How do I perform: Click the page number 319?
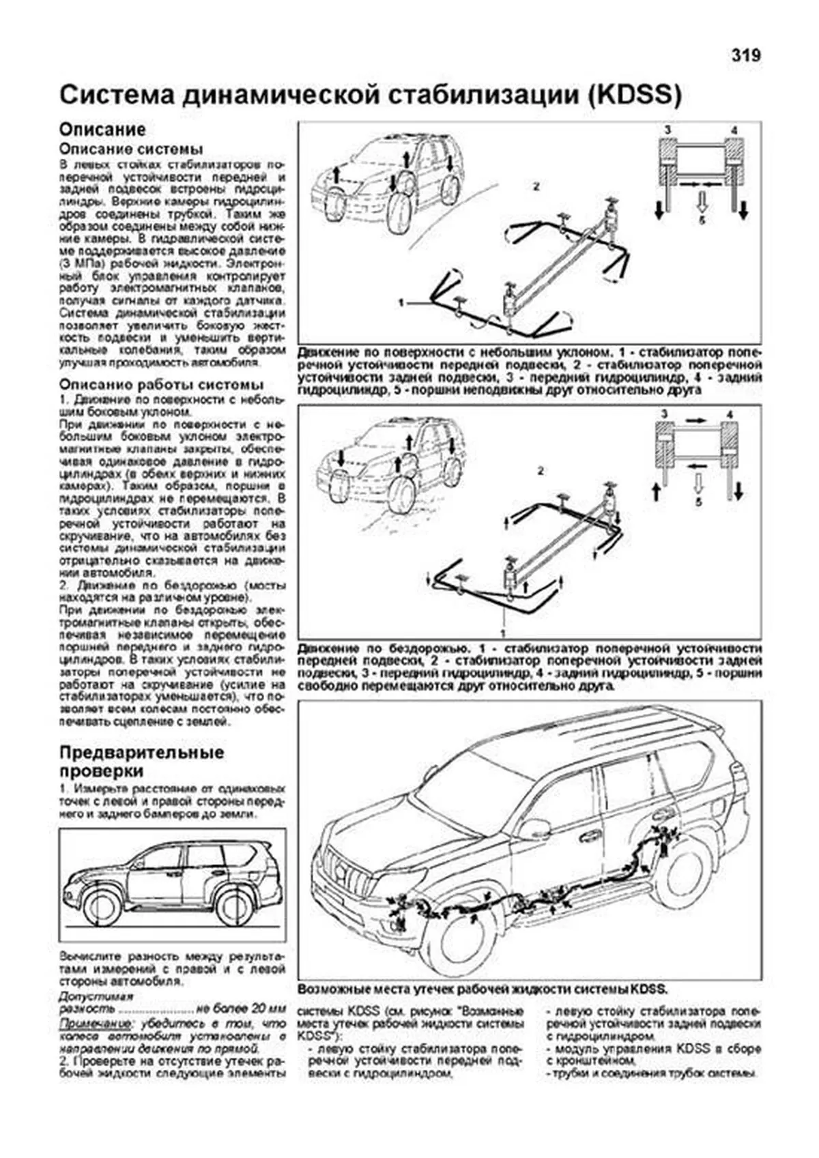[x=746, y=56]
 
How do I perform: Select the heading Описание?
[x=102, y=130]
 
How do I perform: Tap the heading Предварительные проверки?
[x=141, y=762]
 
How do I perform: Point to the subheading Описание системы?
[x=131, y=149]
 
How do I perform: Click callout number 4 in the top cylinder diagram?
[x=734, y=130]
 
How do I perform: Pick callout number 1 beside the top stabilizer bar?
[x=402, y=301]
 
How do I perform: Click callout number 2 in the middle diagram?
[x=541, y=471]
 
